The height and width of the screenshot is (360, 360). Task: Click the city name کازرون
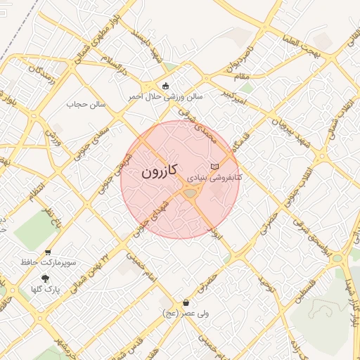click(x=160, y=171)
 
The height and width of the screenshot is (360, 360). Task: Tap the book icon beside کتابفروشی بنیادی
click(x=214, y=165)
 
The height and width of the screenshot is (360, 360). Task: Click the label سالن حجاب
click(x=85, y=104)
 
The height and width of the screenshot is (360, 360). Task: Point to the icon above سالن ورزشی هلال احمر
click(x=165, y=86)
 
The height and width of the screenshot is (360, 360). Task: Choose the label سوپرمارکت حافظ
click(x=48, y=262)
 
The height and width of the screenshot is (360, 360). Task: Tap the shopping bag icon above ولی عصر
click(x=186, y=303)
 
